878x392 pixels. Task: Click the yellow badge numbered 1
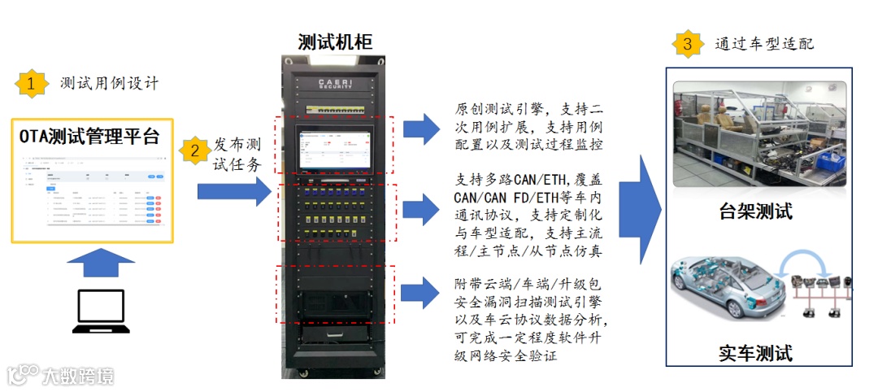coord(31,83)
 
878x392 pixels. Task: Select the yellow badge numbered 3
coord(688,44)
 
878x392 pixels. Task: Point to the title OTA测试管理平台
coord(89,136)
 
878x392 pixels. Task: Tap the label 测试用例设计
coord(110,84)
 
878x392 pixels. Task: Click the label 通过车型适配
coord(764,44)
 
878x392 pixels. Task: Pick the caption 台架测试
coord(755,213)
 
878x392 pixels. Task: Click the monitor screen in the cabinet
coord(334,149)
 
